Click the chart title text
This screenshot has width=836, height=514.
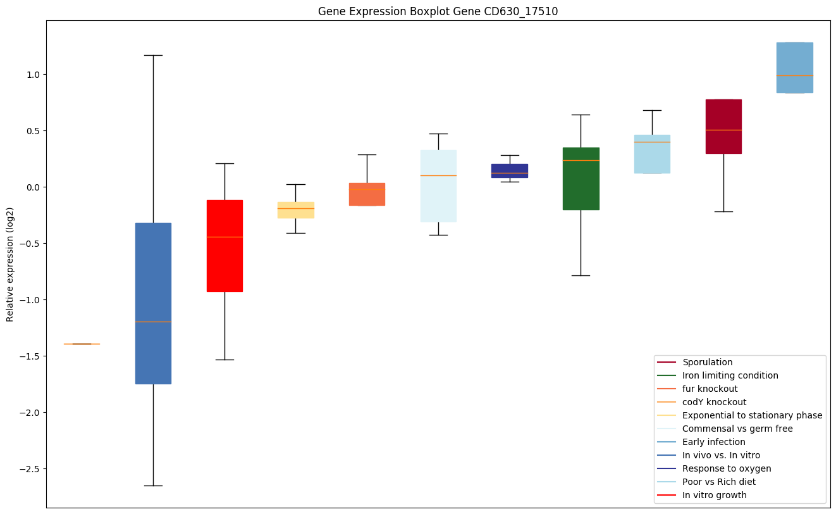click(x=438, y=11)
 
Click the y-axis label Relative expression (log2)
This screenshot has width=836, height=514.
click(x=10, y=264)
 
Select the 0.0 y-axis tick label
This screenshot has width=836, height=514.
click(x=32, y=187)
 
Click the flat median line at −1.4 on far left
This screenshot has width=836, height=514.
click(x=82, y=344)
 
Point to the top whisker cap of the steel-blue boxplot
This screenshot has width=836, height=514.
click(x=153, y=55)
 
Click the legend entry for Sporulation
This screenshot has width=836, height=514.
click(x=707, y=363)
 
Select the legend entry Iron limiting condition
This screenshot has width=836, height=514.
click(x=730, y=376)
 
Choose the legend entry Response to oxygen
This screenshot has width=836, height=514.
click(x=726, y=469)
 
